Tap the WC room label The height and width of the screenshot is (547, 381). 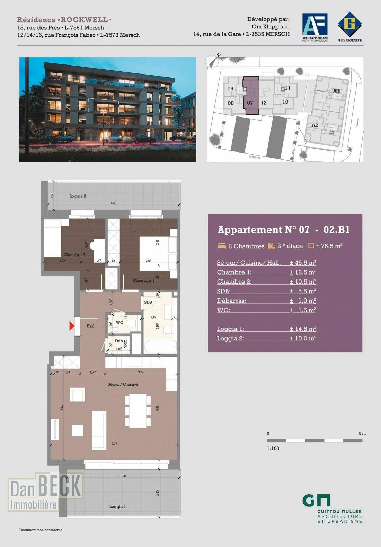(119, 322)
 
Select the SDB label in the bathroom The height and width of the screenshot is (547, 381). (148, 302)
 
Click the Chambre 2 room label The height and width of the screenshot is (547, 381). (74, 254)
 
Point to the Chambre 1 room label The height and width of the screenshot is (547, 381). (143, 280)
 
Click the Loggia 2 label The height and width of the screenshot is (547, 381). (78, 196)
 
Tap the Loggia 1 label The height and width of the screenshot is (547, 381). (117, 506)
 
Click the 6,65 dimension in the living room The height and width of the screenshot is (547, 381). (114, 443)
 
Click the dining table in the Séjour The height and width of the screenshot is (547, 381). (138, 410)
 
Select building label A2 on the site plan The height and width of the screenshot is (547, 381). (314, 124)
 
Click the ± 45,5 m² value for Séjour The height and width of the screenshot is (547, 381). (303, 263)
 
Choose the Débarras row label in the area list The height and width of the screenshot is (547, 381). (232, 301)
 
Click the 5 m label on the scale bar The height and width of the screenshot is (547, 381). (362, 433)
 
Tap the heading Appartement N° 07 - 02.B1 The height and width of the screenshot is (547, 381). (283, 229)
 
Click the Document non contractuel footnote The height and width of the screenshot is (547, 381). (41, 530)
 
